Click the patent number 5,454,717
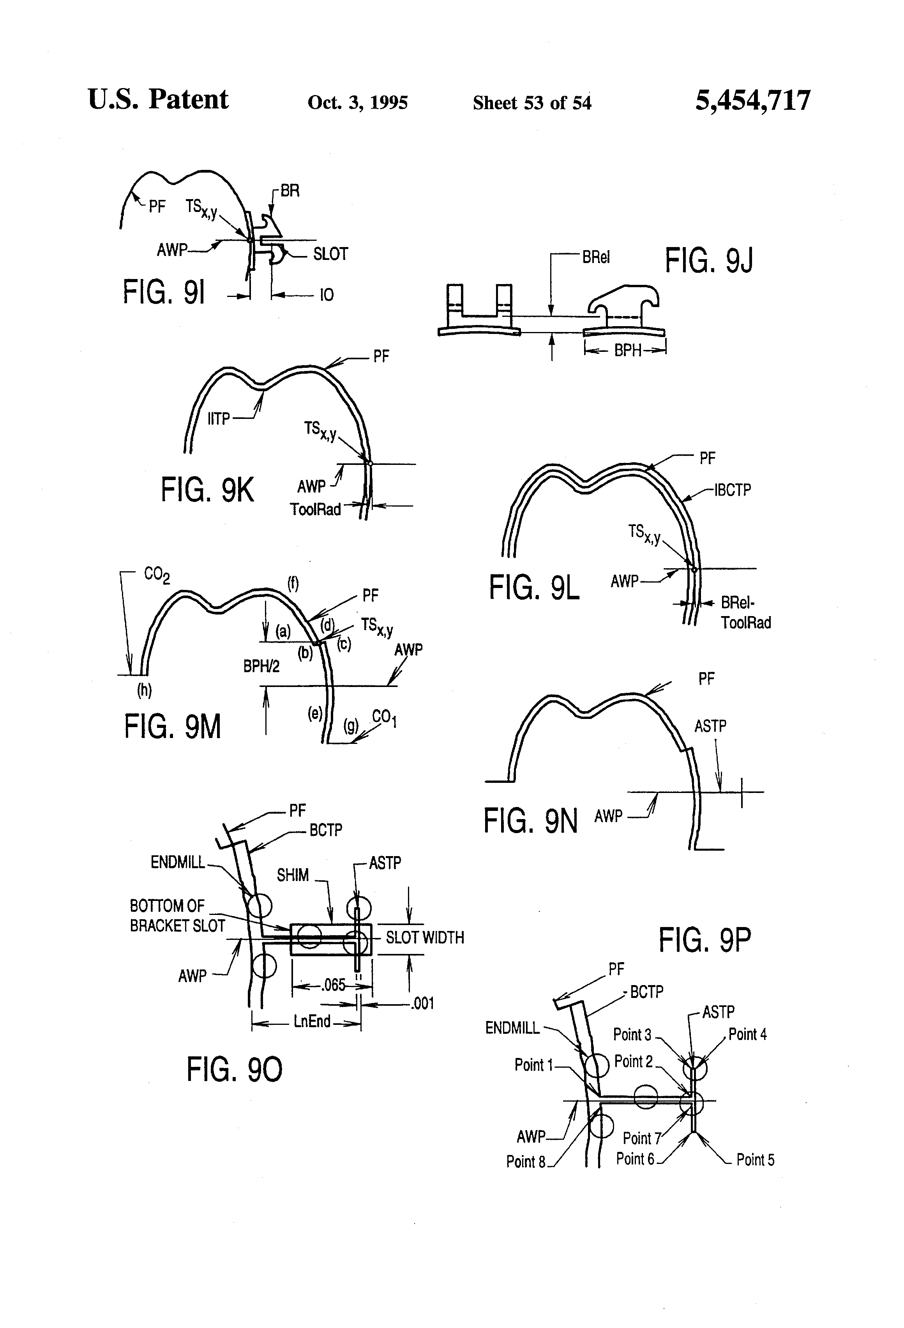tap(752, 101)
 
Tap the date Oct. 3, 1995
tap(358, 102)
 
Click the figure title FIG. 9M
tap(173, 727)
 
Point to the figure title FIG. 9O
tap(234, 1069)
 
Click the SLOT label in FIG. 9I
tap(330, 254)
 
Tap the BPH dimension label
tap(628, 350)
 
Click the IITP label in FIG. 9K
tap(218, 419)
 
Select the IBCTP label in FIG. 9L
tap(733, 490)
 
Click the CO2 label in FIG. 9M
tap(157, 574)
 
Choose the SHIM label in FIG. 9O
tap(293, 875)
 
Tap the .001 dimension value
tap(422, 1003)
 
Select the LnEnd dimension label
tap(312, 1021)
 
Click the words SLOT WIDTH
tap(425, 937)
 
